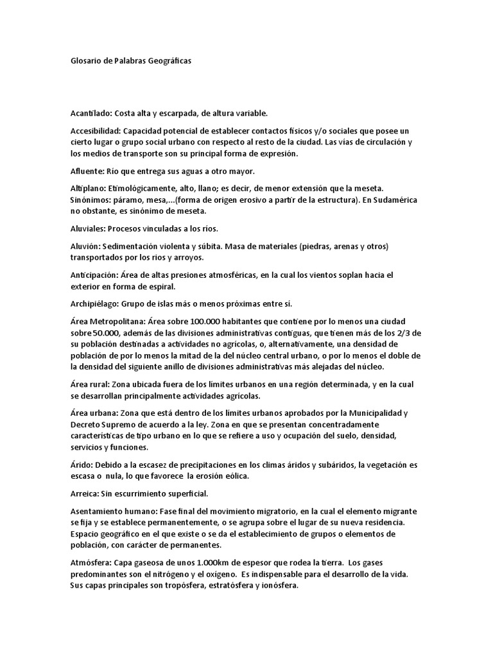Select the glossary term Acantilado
point(91,114)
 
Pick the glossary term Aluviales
point(88,228)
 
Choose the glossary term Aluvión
point(85,246)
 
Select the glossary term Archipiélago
point(94,303)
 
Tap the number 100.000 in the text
point(195,320)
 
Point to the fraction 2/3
point(402,332)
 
